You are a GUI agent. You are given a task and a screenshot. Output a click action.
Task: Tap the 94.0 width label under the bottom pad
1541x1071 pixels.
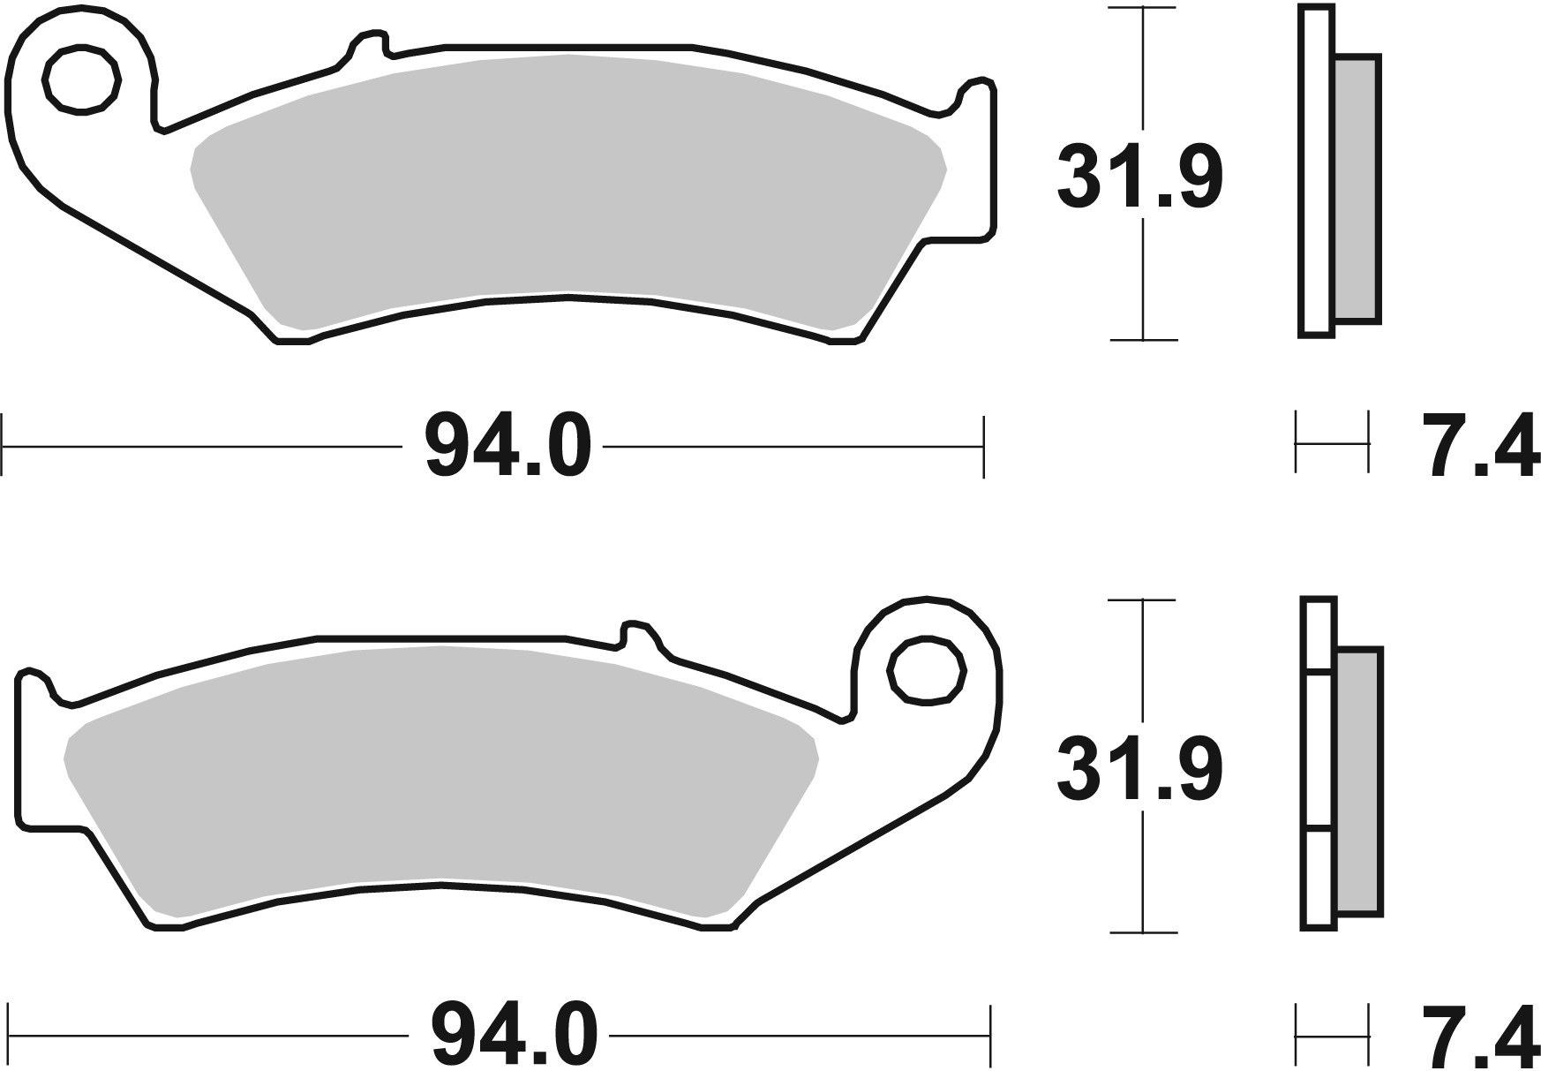click(515, 1034)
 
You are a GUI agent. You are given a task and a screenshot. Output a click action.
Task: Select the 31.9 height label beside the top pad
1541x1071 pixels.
click(1139, 177)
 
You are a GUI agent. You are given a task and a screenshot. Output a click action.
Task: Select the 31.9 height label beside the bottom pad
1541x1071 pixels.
click(1139, 770)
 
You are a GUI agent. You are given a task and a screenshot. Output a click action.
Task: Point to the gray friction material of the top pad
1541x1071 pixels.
click(565, 185)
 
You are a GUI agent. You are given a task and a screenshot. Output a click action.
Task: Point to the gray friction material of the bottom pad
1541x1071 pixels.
click(441, 777)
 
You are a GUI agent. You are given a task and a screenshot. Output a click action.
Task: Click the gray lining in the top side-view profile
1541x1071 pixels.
click(1357, 190)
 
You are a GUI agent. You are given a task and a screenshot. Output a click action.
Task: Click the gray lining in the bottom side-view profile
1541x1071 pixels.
click(1359, 781)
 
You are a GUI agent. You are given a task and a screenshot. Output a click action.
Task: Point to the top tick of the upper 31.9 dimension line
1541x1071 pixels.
click(1143, 9)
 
